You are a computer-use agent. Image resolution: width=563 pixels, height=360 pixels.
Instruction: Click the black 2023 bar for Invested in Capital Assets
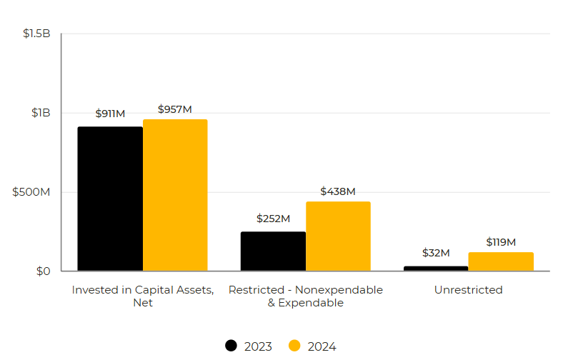coord(110,199)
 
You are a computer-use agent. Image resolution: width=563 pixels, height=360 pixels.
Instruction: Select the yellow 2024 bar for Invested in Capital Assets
coord(175,195)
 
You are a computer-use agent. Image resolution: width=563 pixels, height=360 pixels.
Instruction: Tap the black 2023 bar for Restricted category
coord(273,251)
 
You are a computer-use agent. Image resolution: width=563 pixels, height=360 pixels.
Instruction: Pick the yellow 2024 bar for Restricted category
coord(338,236)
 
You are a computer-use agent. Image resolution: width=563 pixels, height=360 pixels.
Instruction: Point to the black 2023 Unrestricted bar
coord(436,268)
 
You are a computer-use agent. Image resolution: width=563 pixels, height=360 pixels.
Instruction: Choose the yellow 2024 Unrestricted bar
coord(501,261)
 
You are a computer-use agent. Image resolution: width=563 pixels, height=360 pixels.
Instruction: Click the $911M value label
coord(110,114)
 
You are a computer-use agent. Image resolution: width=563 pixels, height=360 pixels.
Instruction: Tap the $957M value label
coord(175,109)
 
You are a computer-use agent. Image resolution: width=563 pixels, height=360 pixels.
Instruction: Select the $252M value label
coord(273,219)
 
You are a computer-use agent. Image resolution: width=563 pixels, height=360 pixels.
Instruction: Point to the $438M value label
coord(338,191)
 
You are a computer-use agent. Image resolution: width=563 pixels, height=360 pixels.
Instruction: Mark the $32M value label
coord(436,253)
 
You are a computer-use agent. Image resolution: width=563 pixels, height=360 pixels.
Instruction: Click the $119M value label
coord(501,242)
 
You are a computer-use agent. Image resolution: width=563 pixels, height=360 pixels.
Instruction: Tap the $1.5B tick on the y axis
coord(36,34)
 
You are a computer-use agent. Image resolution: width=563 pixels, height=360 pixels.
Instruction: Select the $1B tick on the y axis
coord(41,113)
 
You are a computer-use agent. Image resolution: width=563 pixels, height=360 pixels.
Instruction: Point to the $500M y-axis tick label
coord(32,192)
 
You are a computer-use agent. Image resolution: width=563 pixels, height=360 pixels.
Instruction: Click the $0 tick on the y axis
coord(44,271)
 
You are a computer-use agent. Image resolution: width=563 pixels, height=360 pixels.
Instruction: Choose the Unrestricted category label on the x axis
coord(468,290)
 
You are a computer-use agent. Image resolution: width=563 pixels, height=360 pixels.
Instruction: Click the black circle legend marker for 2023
coord(231,346)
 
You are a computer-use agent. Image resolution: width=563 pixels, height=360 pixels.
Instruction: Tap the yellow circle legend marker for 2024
coord(294,346)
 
